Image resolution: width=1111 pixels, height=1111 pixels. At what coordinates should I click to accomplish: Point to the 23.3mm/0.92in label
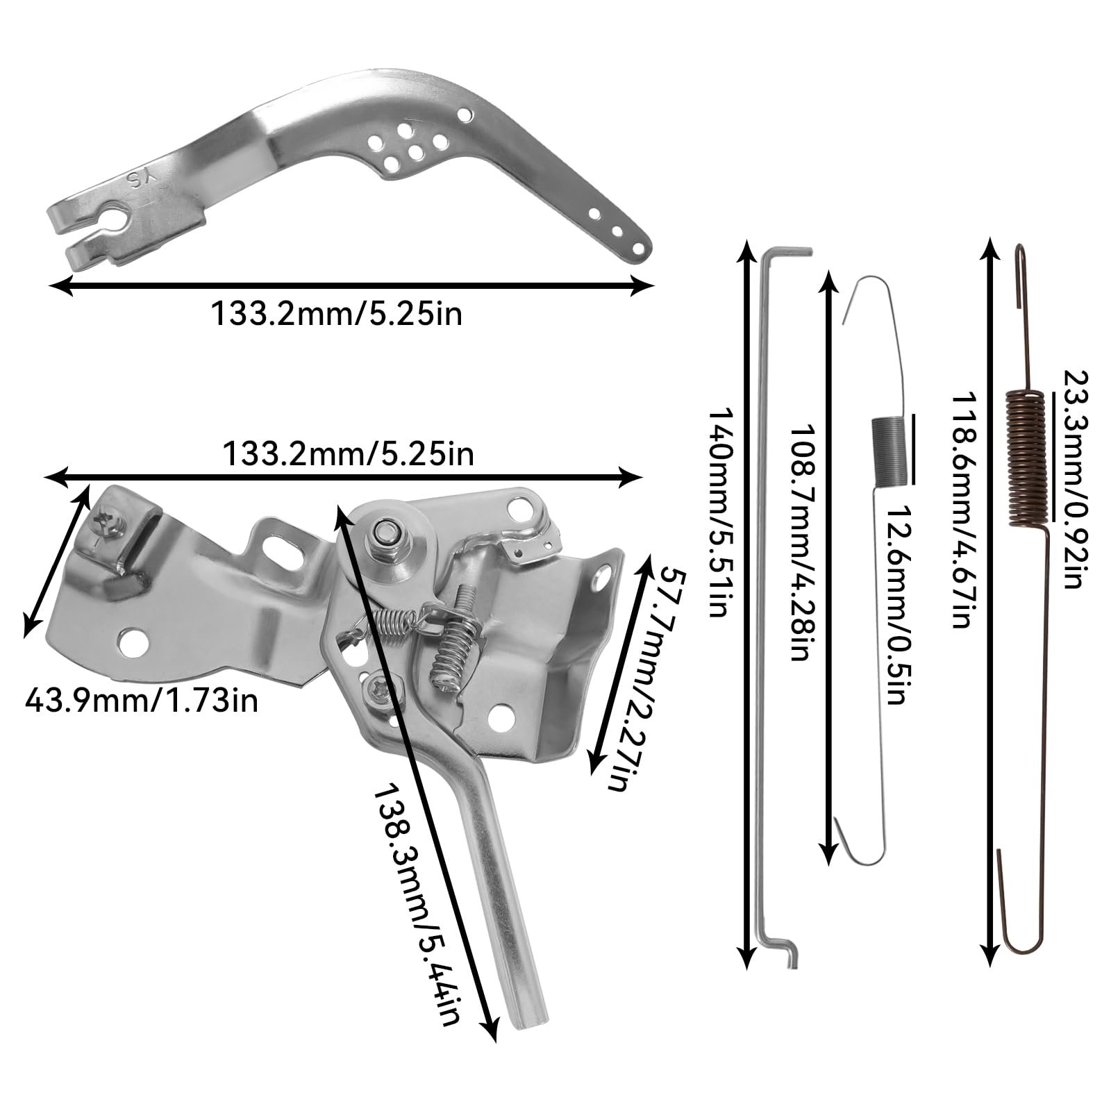coord(1073,479)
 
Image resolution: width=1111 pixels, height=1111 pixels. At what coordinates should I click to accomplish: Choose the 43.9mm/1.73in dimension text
coord(141,700)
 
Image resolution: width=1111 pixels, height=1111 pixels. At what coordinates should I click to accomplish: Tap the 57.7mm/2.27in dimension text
coord(626,677)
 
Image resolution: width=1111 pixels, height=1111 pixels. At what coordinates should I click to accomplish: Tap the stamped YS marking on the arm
coord(140,182)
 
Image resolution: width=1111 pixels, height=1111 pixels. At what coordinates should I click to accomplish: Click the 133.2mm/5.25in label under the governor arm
coord(336,314)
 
